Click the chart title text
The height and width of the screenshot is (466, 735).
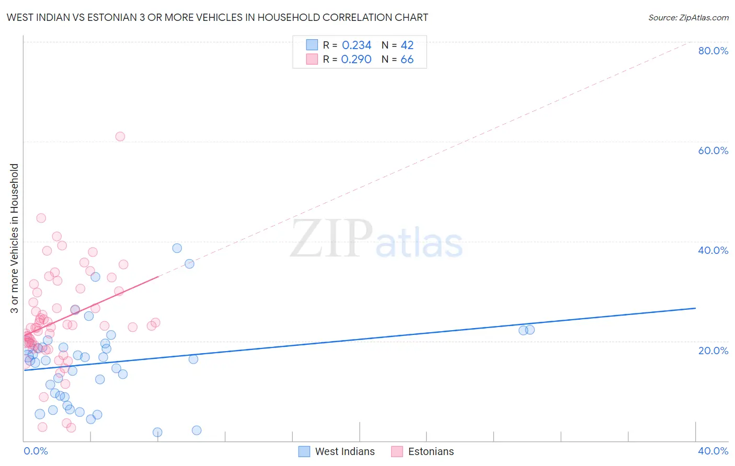tap(217, 17)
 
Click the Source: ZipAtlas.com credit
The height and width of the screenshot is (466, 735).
tap(688, 17)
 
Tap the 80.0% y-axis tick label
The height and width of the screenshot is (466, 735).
tap(713, 51)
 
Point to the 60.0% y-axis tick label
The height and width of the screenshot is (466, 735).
tap(713, 150)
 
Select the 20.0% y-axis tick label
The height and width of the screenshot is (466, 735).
tap(713, 350)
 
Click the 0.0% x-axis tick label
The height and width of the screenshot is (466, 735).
tap(36, 451)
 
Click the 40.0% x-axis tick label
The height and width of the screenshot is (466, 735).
tap(713, 451)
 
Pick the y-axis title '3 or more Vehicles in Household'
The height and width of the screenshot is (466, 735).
tap(14, 238)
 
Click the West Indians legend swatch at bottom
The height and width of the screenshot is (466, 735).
tap(304, 451)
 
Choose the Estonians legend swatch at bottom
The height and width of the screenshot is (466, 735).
tap(397, 451)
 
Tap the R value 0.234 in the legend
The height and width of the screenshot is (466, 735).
tap(357, 45)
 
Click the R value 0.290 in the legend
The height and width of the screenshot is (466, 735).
tap(356, 60)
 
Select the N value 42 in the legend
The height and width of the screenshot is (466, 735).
tap(407, 45)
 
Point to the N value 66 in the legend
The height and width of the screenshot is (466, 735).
tap(407, 60)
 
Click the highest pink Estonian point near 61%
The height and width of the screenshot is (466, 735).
tap(120, 136)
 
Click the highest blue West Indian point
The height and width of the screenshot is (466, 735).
tap(177, 248)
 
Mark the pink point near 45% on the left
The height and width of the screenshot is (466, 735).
tap(41, 218)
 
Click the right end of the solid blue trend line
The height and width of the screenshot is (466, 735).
tap(695, 308)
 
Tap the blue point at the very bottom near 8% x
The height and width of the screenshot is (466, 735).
tap(157, 432)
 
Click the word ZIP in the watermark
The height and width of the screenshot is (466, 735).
tap(331, 239)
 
